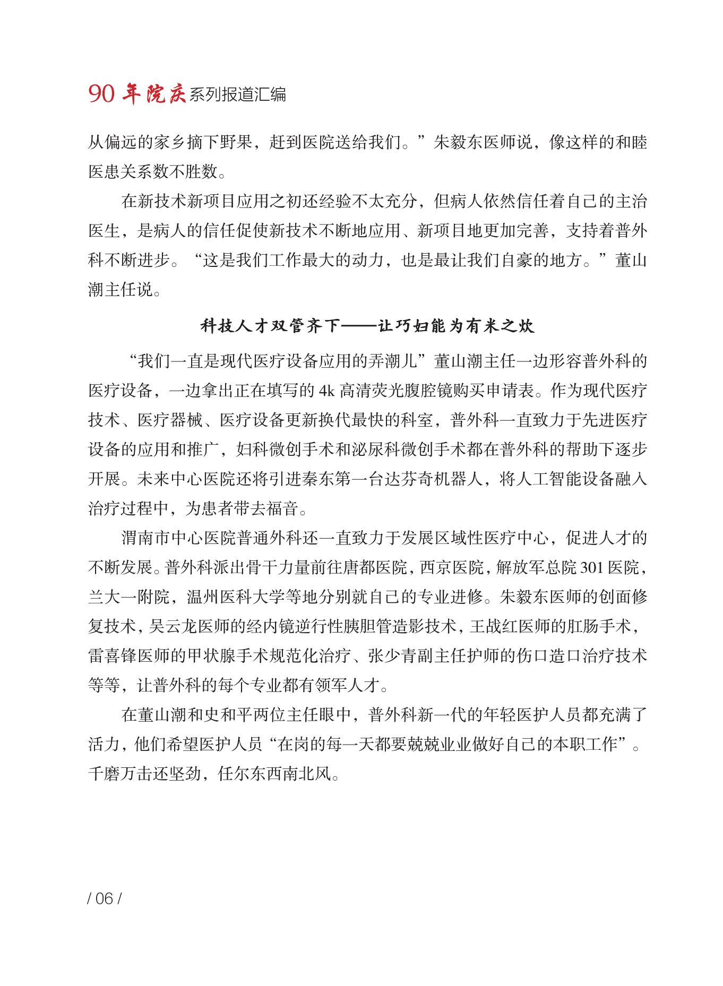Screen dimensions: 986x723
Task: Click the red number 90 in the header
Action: [x=101, y=94]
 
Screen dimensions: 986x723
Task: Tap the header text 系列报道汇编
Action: [x=237, y=94]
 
